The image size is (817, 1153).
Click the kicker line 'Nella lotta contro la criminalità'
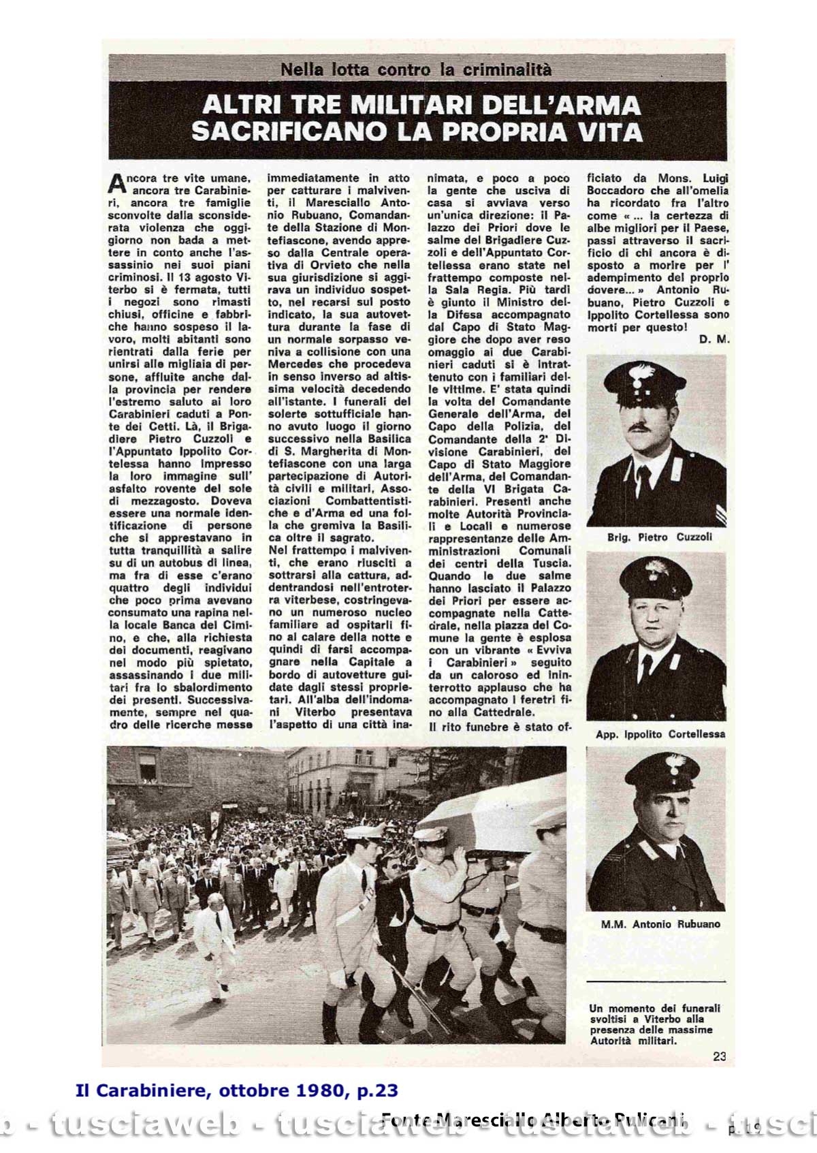[416, 69]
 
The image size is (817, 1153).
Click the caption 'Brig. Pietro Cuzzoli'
[659, 537]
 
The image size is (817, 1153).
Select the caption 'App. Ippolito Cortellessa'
[660, 734]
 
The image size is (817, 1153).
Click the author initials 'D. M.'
[714, 339]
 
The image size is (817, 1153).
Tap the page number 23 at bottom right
[720, 1056]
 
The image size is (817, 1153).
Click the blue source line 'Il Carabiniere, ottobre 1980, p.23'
[236, 1091]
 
